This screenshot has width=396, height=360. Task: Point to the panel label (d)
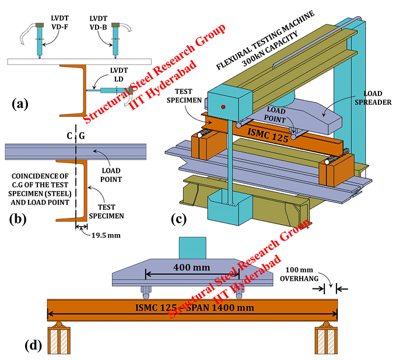pos(34,345)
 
